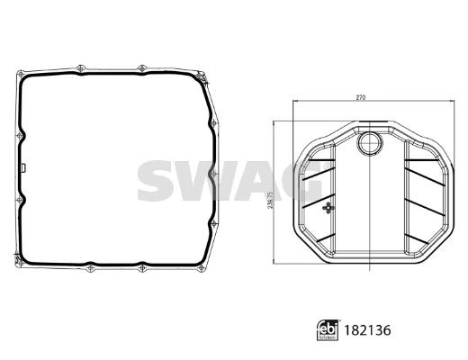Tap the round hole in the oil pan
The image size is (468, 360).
pyautogui.click(x=369, y=145)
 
